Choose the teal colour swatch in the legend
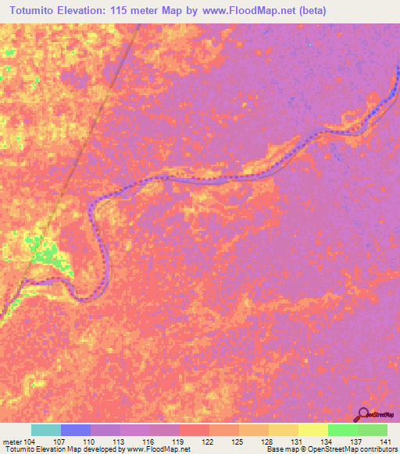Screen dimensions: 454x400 (45, 430)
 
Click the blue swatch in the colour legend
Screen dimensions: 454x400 (75, 430)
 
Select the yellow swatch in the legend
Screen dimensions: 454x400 (312, 430)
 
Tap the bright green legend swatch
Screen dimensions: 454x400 (342, 430)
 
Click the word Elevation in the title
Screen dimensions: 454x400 (85, 10)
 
